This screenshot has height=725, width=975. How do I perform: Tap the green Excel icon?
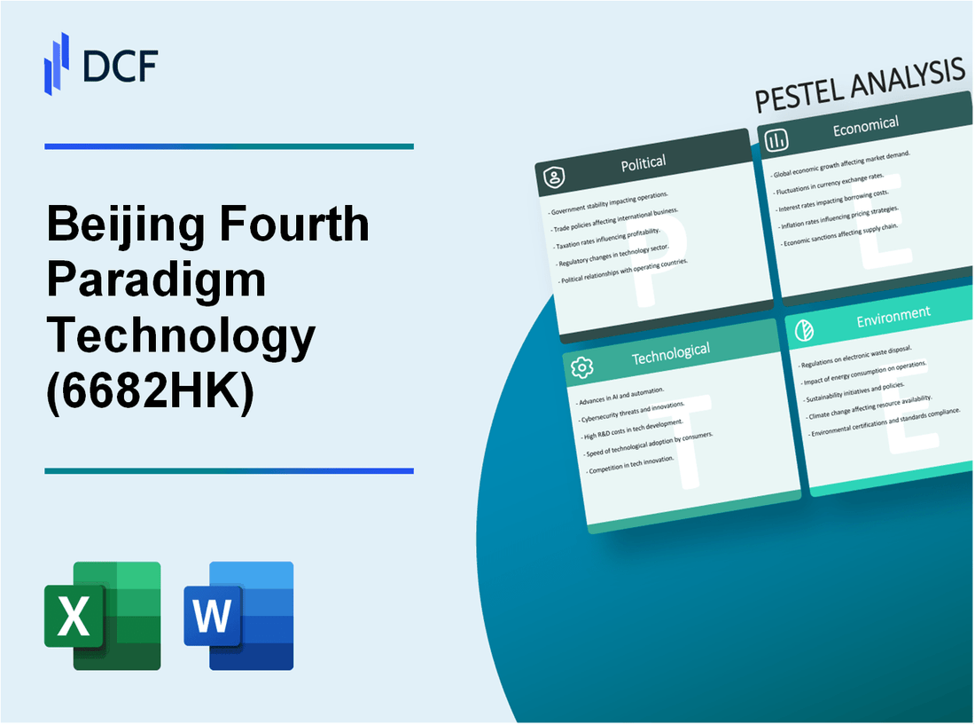pos(103,615)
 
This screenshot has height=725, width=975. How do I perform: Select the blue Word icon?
pos(238,615)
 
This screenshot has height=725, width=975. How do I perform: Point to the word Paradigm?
pos(156,280)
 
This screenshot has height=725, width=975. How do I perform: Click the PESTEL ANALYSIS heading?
pos(859,88)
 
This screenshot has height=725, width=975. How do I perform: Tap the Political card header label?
pos(644,162)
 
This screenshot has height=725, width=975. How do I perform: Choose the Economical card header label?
pos(865,127)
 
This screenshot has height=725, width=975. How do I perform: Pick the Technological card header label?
pos(670,353)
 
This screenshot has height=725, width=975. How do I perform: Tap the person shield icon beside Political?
pos(556,177)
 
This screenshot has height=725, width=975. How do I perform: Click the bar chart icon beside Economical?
pos(777,140)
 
